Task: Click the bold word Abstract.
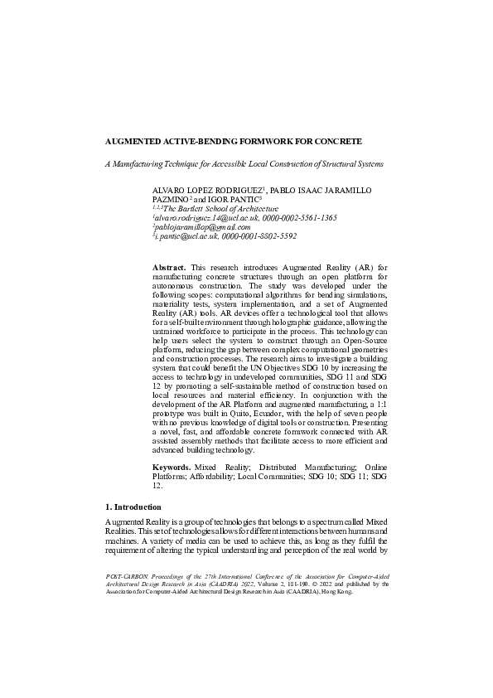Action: click(170, 268)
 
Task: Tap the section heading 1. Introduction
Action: click(133, 506)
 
